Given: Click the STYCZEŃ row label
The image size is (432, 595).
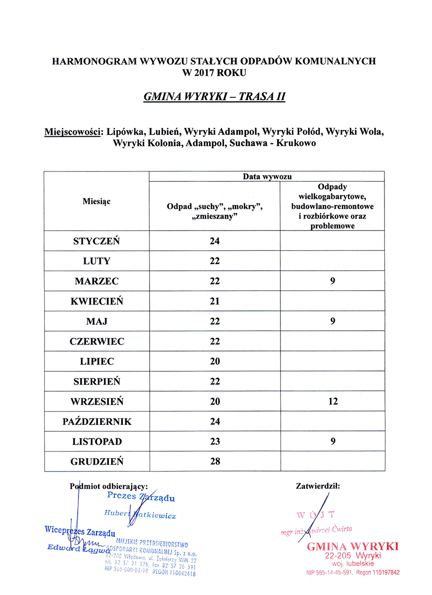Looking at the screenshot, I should point(97,241).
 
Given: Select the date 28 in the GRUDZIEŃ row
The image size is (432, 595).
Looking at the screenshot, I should point(215,462).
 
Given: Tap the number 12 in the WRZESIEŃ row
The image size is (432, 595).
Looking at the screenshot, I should point(332,402).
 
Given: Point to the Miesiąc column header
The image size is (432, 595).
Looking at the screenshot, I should point(97,201).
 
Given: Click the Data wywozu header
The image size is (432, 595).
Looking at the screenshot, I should point(267,177).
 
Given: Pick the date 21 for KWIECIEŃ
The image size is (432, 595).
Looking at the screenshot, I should point(215,301).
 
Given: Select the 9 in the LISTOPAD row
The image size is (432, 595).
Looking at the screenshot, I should point(332,441).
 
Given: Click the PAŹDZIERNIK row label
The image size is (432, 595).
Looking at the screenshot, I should point(97,421).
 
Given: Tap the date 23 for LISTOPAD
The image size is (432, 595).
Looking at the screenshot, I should point(215,441).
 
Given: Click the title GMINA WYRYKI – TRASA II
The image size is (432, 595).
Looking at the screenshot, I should point(214,97).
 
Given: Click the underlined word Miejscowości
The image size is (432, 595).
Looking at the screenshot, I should point(72,133).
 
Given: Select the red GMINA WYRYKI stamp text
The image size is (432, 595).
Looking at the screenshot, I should point(353,546).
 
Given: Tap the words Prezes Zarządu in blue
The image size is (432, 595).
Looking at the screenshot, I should point(141,497).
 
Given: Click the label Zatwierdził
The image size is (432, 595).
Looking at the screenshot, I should point(318,486).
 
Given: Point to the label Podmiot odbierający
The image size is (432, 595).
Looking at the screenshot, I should point(109,486).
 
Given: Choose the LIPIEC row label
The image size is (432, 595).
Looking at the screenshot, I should point(97,361).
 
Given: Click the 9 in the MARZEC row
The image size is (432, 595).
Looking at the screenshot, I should point(332,281).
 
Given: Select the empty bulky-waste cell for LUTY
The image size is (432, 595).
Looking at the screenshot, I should point(332,261).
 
